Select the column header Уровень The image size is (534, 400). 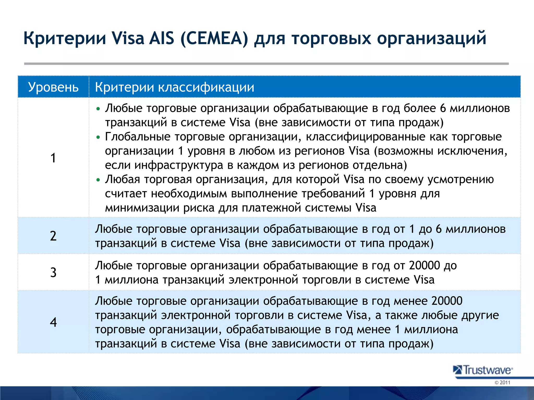coord(53,87)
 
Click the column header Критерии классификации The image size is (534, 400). coord(174,87)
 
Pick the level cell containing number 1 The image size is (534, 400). coord(53,158)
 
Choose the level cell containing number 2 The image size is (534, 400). coord(53,236)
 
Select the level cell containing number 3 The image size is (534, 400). coord(53,272)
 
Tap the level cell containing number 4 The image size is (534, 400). coord(53,322)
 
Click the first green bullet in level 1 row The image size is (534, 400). coord(98,109)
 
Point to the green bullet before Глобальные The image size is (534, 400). coord(98,137)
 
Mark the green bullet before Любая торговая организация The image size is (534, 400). coord(98,180)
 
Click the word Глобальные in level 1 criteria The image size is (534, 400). coord(137,137)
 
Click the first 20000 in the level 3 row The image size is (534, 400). coord(424,265)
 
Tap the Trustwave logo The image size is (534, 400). coord(483,370)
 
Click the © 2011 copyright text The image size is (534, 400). coord(502,383)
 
